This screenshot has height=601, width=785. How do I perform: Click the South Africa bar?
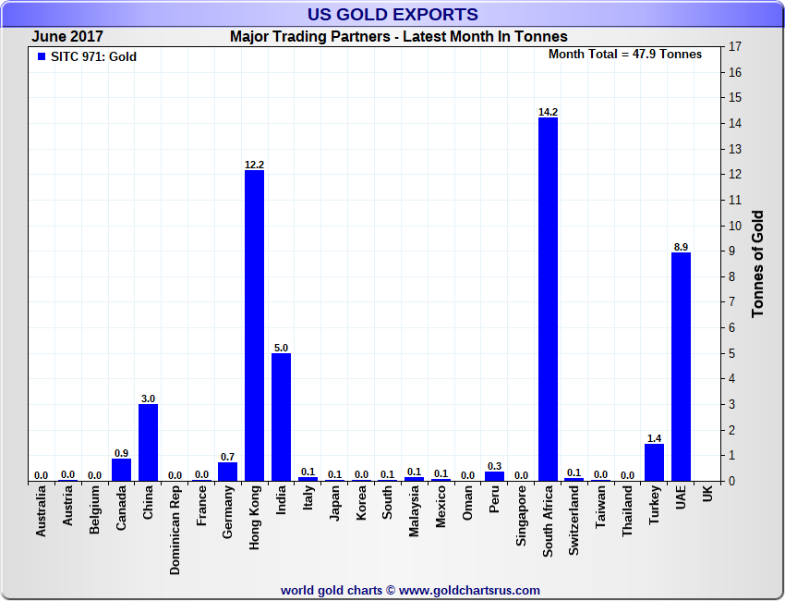point(548,299)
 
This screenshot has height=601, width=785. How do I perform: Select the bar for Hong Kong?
point(254,325)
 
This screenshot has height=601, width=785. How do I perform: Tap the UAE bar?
point(681,366)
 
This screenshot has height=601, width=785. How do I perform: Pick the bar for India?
point(281,417)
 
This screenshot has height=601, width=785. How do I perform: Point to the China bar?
point(148,442)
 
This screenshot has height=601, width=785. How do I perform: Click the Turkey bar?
point(654,462)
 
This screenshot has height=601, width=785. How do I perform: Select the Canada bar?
point(121,469)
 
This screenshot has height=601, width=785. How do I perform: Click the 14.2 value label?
point(548,112)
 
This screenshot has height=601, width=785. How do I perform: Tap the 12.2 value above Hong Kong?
point(254,165)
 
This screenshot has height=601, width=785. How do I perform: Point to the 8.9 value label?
point(681,247)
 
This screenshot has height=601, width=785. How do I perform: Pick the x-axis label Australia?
point(42,514)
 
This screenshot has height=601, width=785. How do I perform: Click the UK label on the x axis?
point(707,495)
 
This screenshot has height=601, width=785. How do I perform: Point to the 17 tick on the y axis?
point(735,46)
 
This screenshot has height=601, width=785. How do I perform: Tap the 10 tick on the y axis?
point(735,226)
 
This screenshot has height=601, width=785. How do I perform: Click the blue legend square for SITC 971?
point(41,56)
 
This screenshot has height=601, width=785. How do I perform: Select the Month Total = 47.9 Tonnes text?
point(624,54)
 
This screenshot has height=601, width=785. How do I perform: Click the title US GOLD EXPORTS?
point(392,14)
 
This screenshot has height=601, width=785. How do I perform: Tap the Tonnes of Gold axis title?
point(757,264)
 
